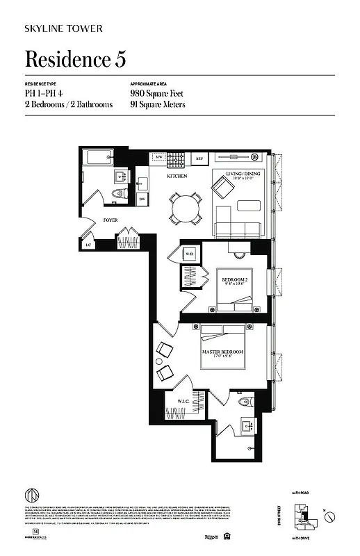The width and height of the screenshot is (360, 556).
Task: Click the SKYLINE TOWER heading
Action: click(x=64, y=28)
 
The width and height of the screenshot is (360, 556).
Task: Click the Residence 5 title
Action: click(x=75, y=60)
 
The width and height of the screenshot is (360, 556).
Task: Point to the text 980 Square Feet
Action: click(x=156, y=92)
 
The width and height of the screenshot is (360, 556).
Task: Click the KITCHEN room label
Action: click(x=177, y=177)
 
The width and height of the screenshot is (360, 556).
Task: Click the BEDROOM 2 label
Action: click(x=236, y=281)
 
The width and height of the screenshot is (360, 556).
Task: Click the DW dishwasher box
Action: click(x=142, y=199)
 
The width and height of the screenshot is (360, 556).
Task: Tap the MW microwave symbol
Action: click(x=158, y=158)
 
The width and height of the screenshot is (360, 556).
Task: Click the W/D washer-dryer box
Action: click(x=190, y=254)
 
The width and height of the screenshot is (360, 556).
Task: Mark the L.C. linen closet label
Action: click(x=88, y=245)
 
